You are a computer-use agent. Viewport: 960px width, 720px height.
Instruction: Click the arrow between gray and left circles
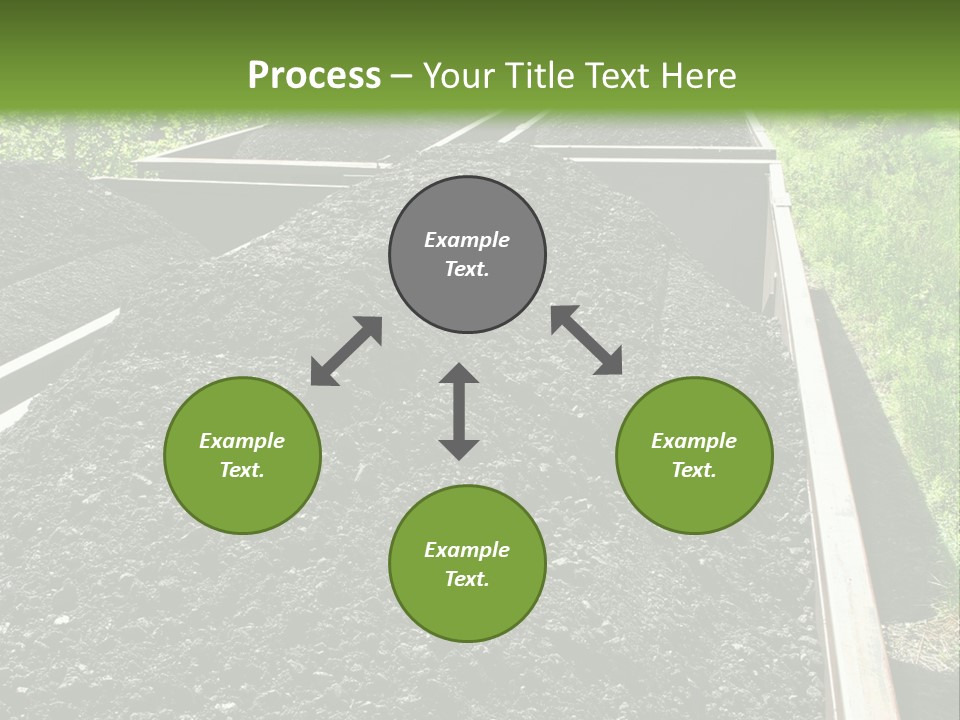[346, 351]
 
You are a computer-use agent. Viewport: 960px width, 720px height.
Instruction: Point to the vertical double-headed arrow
[459, 411]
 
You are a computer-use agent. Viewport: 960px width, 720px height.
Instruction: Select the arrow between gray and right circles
[587, 340]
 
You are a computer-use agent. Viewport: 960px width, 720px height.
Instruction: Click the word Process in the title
[314, 75]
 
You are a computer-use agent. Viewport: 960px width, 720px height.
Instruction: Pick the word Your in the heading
[461, 75]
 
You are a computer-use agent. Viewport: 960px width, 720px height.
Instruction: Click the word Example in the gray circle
[467, 240]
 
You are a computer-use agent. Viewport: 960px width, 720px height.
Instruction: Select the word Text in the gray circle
[465, 269]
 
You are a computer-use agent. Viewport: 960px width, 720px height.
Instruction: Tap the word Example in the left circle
[242, 441]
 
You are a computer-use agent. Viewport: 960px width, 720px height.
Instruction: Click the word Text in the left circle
[241, 470]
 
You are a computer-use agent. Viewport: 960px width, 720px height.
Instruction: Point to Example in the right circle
[694, 441]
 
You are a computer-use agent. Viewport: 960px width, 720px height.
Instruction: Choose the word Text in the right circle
[692, 470]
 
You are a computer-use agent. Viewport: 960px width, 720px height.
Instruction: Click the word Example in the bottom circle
[467, 550]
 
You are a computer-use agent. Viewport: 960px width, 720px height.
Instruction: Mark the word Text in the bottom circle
[465, 579]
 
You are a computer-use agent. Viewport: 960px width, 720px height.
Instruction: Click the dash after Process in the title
[402, 76]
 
